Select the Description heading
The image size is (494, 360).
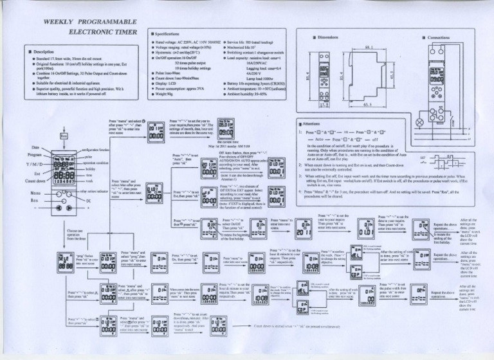[46, 52]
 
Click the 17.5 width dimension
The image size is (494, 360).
[324, 103]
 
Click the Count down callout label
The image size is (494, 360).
[37, 181]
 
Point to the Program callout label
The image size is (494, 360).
[35, 155]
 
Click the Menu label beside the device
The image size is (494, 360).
[35, 192]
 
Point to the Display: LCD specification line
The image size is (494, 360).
[170, 83]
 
